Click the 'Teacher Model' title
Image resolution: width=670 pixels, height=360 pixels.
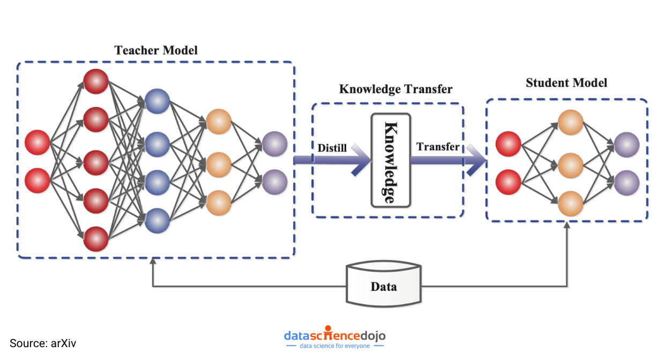[x=156, y=50]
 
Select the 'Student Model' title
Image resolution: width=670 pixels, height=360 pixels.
[x=567, y=83]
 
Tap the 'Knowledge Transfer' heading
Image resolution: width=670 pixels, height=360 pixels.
[x=396, y=89]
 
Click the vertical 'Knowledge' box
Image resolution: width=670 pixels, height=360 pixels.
[x=391, y=160]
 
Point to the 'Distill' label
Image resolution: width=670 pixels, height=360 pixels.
[x=333, y=147]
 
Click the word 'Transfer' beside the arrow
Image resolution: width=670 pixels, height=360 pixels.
[x=438, y=147]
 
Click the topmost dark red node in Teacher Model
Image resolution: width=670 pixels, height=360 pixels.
[x=96, y=81]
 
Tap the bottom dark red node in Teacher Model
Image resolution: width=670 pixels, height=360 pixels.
[x=96, y=238]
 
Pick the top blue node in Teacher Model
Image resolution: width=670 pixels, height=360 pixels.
[x=157, y=101]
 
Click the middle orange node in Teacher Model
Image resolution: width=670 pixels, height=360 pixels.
[x=219, y=164]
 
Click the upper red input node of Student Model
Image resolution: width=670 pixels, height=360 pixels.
[x=509, y=144]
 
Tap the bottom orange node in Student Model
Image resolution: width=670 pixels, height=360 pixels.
[x=570, y=204]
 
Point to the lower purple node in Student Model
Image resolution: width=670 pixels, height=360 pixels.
[x=627, y=183]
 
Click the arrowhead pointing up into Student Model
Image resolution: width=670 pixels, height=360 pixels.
[x=567, y=227]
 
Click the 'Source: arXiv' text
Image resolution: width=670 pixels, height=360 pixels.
[x=43, y=343]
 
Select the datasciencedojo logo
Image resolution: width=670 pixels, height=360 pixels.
[x=334, y=337]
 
